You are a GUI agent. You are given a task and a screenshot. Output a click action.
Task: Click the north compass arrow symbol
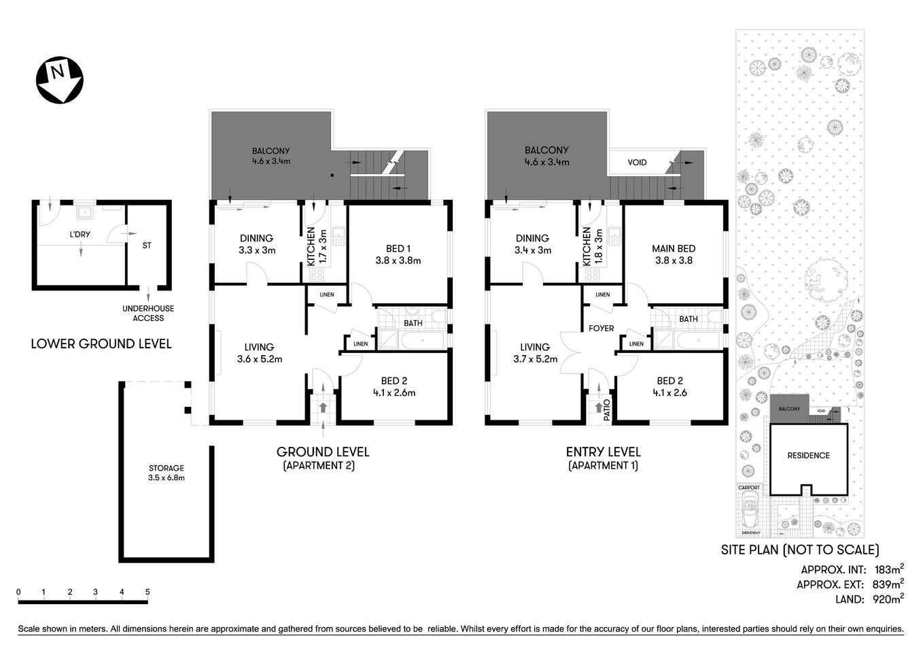pos(59,80)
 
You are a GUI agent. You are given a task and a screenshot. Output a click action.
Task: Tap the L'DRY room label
pos(80,235)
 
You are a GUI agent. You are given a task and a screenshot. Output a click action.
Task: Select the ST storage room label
pos(147,246)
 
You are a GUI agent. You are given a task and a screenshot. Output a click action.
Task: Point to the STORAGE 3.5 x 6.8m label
pos(167,473)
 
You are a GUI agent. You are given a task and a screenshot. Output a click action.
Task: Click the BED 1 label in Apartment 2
pos(398,254)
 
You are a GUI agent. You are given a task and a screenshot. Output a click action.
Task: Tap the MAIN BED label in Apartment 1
pos(674,254)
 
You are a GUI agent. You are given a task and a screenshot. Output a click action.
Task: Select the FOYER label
pos(601,329)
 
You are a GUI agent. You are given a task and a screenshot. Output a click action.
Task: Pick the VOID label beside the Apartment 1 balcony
pos(637,163)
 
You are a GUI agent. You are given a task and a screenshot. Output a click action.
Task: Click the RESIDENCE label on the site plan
pos(808,456)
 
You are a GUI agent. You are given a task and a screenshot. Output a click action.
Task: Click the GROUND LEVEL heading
pos(323,452)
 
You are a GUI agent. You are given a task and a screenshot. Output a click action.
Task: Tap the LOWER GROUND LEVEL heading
pos(101,344)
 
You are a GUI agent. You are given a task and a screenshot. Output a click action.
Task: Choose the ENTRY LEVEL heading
pos(603,452)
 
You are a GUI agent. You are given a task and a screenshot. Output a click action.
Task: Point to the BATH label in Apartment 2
pos(413,323)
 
